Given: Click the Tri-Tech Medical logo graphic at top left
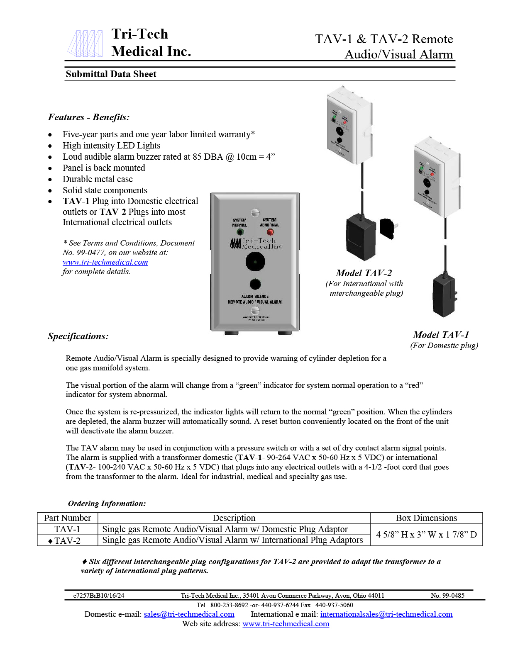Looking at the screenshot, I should (85, 44).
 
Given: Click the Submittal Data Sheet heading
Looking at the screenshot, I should (111, 74).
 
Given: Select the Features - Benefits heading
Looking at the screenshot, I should (88, 117).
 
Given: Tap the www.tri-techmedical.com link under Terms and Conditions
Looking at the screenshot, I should (105, 262).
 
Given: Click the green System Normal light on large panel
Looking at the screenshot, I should (239, 232).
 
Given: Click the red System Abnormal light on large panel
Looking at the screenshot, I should (270, 232).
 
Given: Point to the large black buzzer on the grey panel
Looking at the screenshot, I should (255, 262).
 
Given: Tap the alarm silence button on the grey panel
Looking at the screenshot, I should (255, 284).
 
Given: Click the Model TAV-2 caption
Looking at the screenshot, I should (364, 273).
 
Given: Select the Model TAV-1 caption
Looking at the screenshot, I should (441, 335).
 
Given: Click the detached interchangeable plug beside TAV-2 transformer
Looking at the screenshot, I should (389, 229).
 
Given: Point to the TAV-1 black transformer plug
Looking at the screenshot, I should (444, 296).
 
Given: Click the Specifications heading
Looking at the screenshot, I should (78, 336).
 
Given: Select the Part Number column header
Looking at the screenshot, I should (67, 518).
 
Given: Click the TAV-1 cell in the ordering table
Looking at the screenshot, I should (67, 529).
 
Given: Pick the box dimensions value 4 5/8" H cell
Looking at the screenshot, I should (426, 535).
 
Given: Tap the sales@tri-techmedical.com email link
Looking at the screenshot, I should (189, 614).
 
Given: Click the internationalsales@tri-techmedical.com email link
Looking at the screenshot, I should (386, 614).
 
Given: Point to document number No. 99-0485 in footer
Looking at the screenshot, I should (447, 596).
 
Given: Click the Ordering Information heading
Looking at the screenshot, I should (107, 504).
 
